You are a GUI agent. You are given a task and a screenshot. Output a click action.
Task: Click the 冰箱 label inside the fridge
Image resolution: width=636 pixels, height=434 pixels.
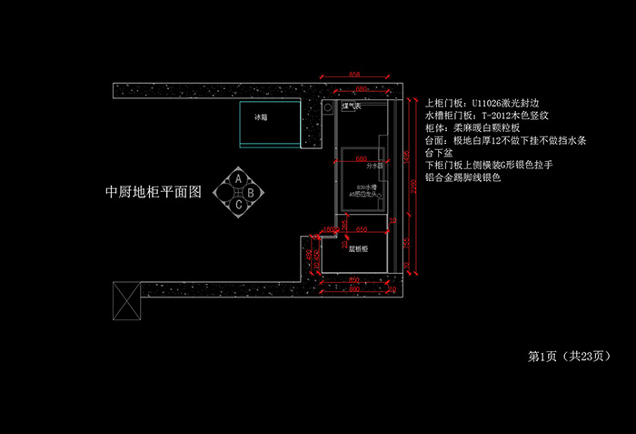(x=261, y=117)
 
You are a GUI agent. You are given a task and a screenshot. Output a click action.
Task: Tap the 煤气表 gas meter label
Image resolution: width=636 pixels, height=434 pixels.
(x=352, y=107)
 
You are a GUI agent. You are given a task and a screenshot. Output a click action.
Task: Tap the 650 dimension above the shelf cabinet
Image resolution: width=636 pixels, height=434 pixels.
(x=361, y=229)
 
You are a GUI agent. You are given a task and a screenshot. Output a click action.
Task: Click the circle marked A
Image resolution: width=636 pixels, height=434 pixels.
(x=238, y=179)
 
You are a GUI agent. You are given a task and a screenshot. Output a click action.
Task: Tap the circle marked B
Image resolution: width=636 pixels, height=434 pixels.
(x=250, y=192)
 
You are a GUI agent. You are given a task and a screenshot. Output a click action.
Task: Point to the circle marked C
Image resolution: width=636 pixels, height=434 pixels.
(x=238, y=205)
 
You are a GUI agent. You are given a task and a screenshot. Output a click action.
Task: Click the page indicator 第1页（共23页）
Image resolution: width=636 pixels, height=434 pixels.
(x=568, y=356)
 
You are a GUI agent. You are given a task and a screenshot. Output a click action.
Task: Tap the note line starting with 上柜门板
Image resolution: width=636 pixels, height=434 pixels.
(x=482, y=104)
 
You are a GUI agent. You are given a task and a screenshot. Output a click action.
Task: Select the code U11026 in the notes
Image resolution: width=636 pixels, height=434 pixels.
(x=492, y=104)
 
